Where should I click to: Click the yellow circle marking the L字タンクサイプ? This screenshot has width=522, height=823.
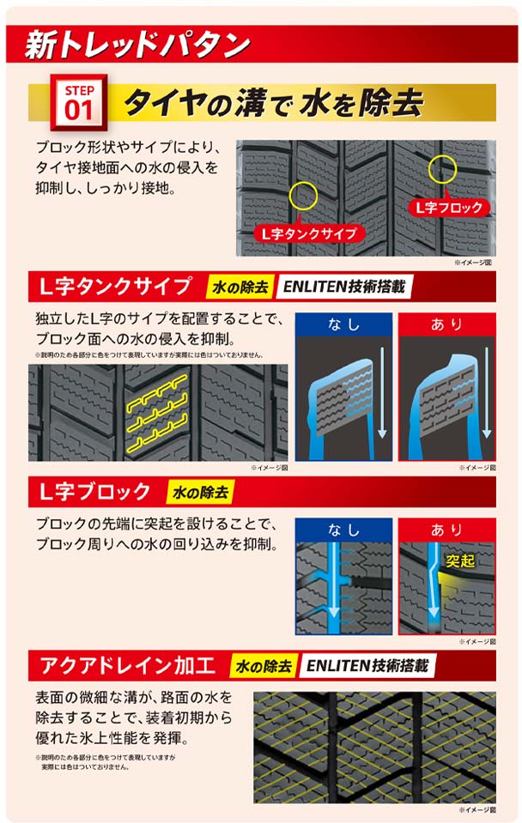pyautogui.click(x=304, y=196)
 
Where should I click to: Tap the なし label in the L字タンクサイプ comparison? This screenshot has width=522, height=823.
pyautogui.click(x=343, y=324)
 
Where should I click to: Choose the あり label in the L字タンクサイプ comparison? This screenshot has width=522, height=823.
pyautogui.click(x=446, y=324)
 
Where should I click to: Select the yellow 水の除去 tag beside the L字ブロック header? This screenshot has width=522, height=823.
pyautogui.click(x=200, y=492)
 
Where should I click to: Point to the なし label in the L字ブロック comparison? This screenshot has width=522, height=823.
pyautogui.click(x=343, y=530)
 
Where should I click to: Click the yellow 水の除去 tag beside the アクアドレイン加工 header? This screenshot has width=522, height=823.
pyautogui.click(x=264, y=665)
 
